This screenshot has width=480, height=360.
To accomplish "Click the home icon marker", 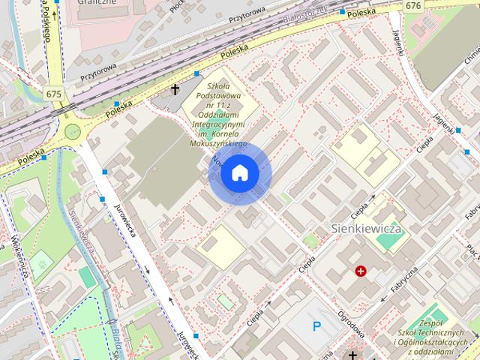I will coord(238,174).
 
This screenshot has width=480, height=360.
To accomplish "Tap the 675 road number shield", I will coord(53,94).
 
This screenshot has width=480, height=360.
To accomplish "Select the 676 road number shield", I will coord(413,5).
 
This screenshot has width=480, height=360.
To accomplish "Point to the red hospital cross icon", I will coord(361,271).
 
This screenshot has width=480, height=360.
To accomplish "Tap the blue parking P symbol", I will coord(317,326).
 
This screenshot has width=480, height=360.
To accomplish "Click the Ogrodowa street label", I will coord(351,324).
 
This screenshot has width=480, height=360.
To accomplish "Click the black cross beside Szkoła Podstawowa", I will coord(175,90).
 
